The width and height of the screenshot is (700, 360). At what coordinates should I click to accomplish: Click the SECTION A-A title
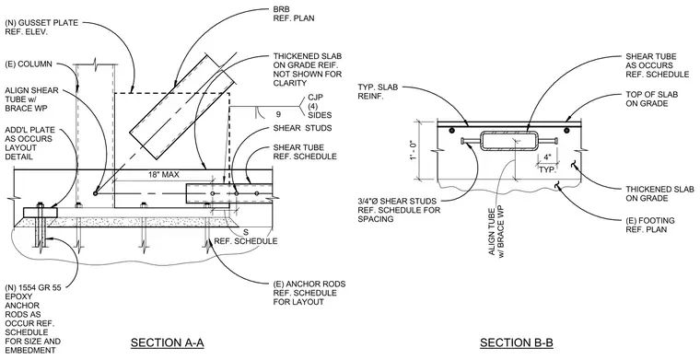(167, 343)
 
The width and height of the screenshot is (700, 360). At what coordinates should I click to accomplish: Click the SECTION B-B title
(517, 343)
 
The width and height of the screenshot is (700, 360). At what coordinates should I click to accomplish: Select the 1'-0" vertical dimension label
(414, 150)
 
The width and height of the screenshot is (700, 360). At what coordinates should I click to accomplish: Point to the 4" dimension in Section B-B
(547, 157)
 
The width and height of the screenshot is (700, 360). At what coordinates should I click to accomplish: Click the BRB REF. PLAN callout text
(293, 14)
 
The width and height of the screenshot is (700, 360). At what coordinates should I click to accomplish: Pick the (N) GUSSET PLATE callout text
(41, 28)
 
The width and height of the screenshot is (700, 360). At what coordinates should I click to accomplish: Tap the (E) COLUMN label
(29, 64)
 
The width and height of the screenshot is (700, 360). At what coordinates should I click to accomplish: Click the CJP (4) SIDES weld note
(320, 106)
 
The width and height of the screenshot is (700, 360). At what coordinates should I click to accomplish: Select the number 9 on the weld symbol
(278, 114)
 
